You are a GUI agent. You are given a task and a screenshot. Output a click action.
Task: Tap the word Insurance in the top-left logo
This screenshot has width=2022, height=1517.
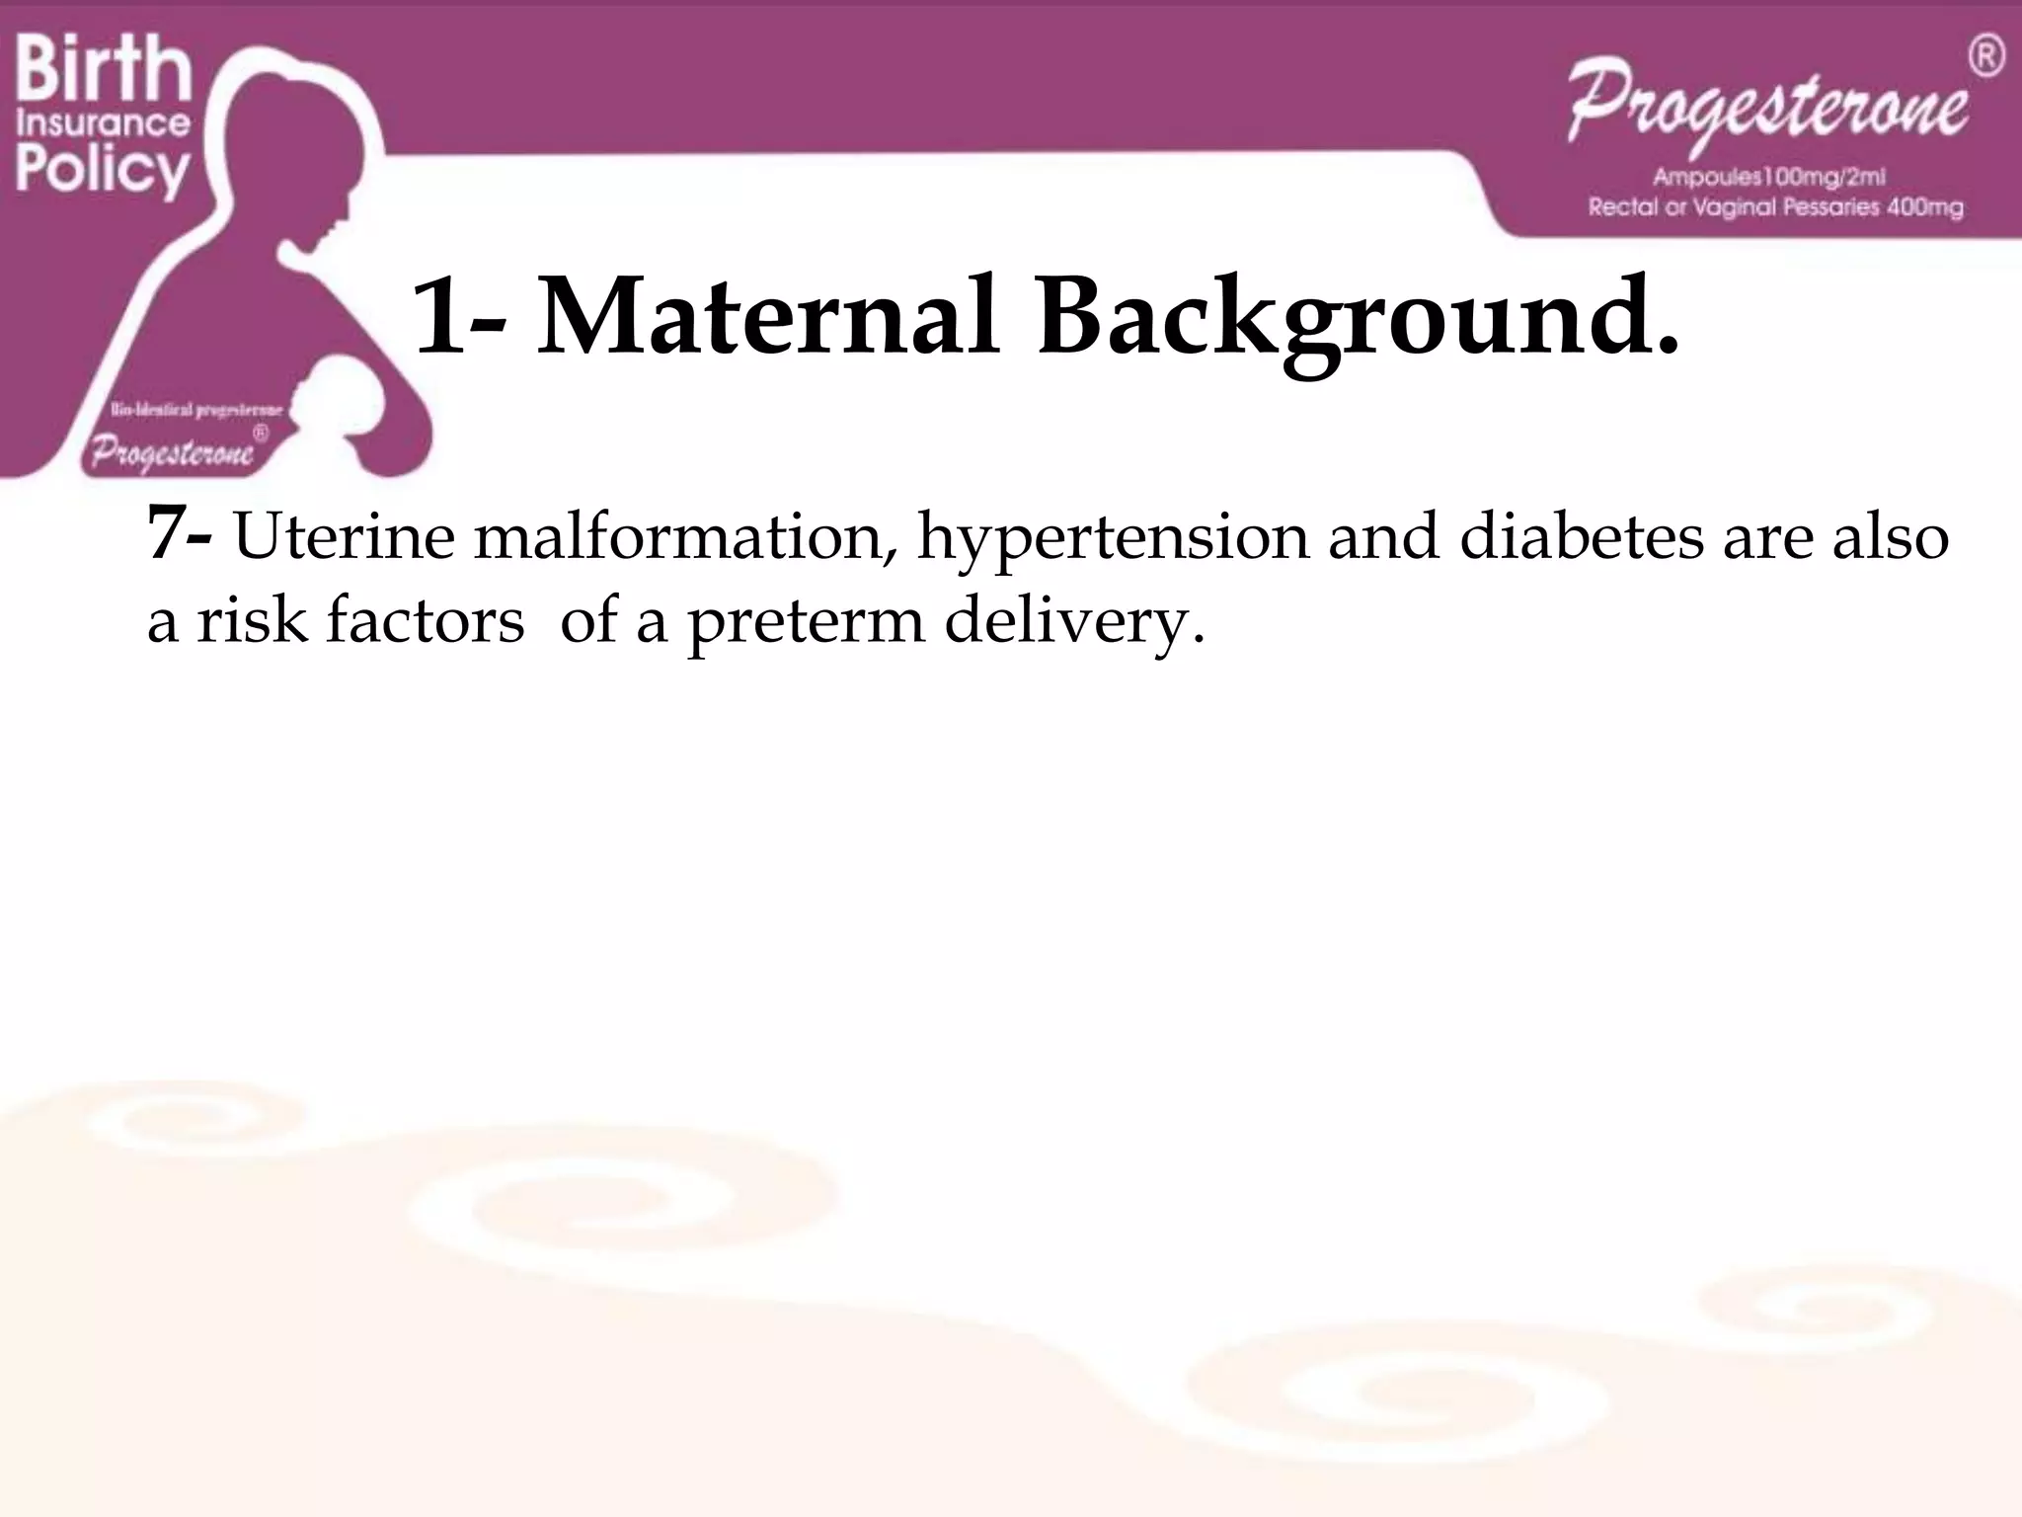pos(103,123)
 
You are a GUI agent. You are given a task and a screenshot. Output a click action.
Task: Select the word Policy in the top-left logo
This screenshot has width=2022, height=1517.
pos(103,170)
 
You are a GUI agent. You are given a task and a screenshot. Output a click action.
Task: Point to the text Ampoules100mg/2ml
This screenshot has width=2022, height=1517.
pos(1769,178)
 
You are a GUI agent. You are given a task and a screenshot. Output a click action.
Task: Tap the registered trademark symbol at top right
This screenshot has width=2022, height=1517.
pos(1986,56)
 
